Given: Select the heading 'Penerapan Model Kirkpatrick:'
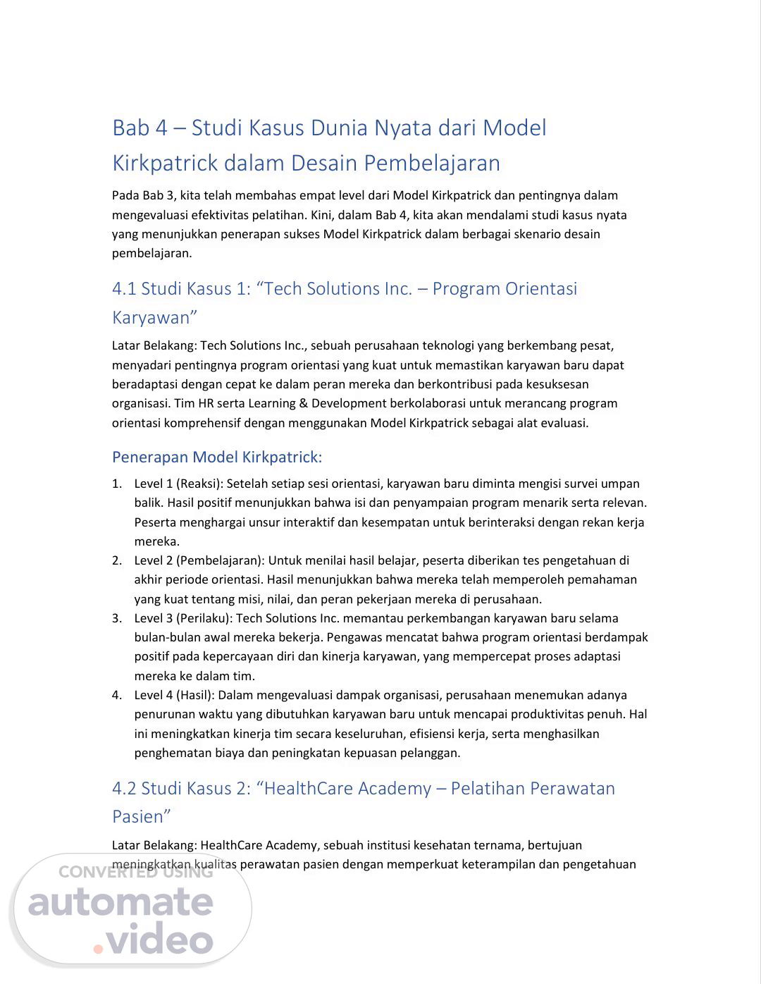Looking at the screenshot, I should (x=216, y=457).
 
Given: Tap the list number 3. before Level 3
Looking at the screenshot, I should (x=117, y=618).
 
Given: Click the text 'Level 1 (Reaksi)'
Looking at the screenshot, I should (x=178, y=484).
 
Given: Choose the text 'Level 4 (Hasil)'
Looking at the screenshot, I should (x=173, y=695).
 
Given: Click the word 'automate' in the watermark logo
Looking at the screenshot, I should (x=120, y=903).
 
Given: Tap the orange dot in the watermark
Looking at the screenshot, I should (x=98, y=949).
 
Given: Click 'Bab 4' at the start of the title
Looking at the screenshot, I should (x=140, y=128).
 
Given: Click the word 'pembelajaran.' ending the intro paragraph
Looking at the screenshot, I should (x=151, y=253).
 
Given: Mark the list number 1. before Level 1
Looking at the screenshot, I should (x=117, y=484).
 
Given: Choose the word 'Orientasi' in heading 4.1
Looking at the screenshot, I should (x=540, y=289).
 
